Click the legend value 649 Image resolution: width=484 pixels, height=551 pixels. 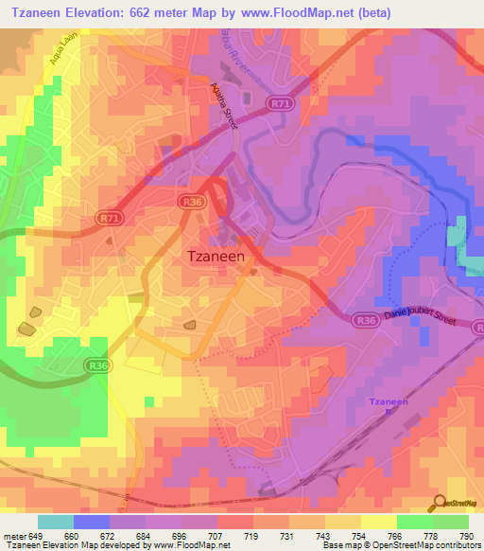click(x=36, y=537)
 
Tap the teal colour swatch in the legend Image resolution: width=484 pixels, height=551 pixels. click(x=56, y=522)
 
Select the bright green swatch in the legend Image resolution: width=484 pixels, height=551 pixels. click(x=415, y=522)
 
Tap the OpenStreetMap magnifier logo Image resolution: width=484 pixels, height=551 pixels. click(x=437, y=503)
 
